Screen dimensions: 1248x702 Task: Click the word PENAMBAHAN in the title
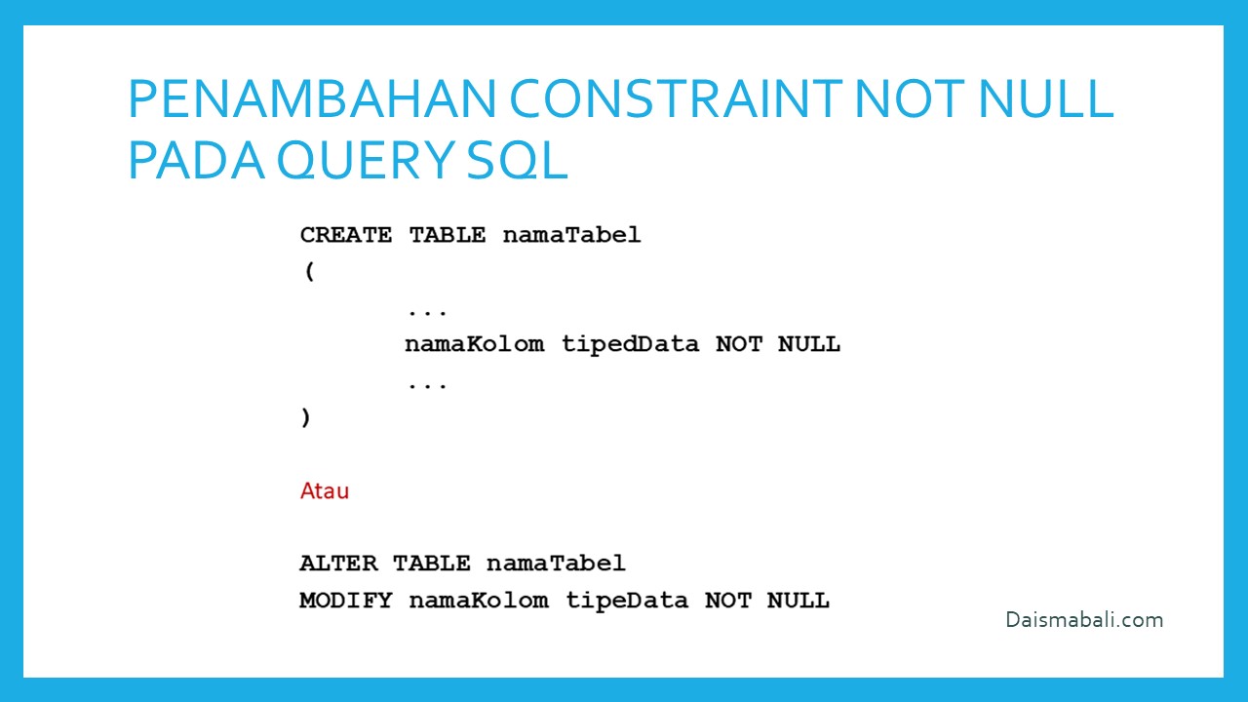point(312,98)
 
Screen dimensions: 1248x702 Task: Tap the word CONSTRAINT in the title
point(676,98)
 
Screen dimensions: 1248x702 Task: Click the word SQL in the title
point(517,161)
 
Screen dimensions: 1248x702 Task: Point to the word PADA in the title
point(196,160)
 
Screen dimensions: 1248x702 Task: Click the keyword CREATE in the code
point(346,235)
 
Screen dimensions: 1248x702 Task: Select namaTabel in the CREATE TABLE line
point(571,235)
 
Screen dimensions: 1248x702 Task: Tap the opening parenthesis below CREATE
point(310,271)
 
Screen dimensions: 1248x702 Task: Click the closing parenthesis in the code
point(305,417)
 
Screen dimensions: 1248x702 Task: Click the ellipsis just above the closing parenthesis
point(427,384)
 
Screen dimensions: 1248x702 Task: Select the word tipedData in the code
point(630,345)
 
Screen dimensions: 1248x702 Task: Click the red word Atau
point(325,490)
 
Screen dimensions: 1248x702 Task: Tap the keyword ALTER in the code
point(338,564)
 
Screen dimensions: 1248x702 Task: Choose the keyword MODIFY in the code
point(346,601)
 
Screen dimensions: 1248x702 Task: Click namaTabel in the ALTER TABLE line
point(556,564)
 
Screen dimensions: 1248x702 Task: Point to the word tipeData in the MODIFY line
point(627,602)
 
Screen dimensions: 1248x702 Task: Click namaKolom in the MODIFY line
point(479,601)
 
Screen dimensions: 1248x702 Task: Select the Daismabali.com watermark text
point(1084,620)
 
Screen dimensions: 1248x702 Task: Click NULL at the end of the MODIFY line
point(798,601)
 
